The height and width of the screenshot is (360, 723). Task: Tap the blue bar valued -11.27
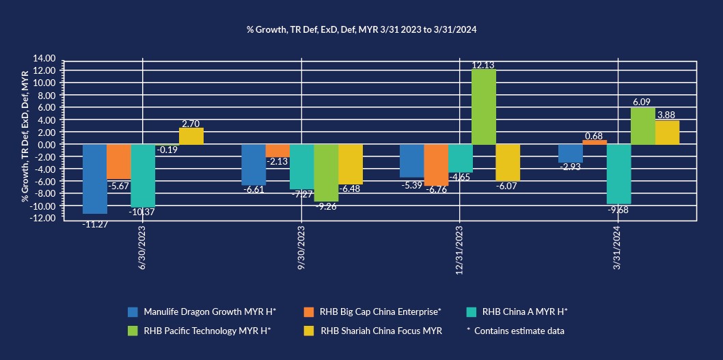coord(94,178)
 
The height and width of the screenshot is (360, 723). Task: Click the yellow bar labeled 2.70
coord(191,136)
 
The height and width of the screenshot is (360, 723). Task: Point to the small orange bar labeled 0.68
coord(595,142)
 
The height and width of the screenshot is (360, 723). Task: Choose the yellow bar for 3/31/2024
coord(667,133)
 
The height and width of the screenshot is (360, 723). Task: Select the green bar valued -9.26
coord(326,173)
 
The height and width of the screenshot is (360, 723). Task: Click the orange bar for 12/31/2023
coord(436,165)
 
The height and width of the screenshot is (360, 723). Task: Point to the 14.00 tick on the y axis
coord(46,58)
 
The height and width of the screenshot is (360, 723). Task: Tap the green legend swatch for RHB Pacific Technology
coord(134,331)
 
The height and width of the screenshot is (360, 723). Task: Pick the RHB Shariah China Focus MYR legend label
coord(381,331)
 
